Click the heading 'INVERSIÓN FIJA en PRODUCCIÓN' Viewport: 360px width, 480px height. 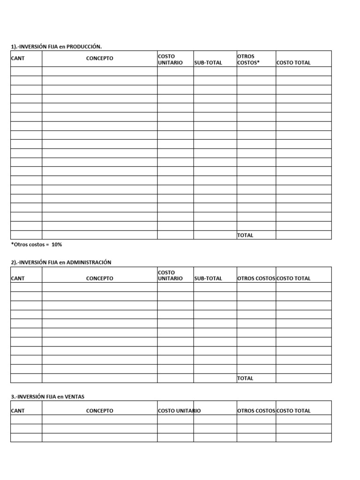[56, 46]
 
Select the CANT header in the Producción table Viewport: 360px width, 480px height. [18, 59]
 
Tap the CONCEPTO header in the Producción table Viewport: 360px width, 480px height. [99, 59]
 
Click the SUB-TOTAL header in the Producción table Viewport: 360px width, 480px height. [208, 63]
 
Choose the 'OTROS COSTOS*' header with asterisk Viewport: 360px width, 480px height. [248, 60]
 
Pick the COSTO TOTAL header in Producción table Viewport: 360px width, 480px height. [293, 63]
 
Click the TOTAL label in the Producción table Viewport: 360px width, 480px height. [245, 235]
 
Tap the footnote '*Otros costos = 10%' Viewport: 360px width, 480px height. [37, 245]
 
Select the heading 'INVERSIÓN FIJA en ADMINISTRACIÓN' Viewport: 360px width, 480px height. [61, 262]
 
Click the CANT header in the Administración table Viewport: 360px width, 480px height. [18, 278]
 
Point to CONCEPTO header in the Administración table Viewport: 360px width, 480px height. [99, 278]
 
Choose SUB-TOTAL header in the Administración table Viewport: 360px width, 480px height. [208, 278]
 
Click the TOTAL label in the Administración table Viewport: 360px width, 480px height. [245, 378]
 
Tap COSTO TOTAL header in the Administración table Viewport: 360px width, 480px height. [293, 278]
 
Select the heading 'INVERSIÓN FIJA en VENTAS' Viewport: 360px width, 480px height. [48, 397]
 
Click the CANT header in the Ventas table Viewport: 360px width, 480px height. [18, 411]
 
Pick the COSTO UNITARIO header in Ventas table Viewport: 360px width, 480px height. [180, 411]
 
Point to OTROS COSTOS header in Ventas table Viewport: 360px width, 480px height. [256, 411]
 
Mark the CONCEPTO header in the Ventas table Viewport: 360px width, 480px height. [99, 411]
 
